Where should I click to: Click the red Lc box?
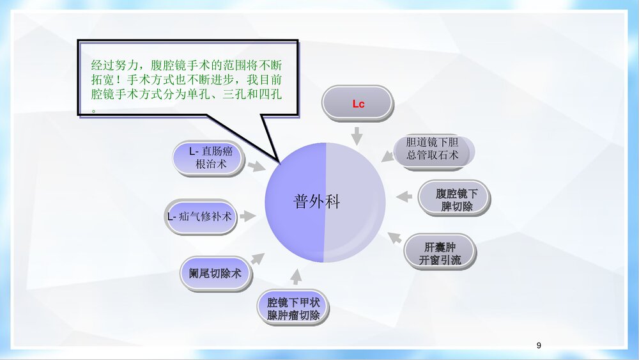tap(358, 103)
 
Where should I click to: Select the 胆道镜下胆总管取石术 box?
tap(433, 148)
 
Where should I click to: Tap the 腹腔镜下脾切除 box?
tap(454, 200)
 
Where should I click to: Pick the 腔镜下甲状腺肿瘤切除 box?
tap(293, 309)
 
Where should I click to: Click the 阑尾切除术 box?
tap(215, 273)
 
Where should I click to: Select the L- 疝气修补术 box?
tap(199, 217)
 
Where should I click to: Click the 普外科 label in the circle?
tap(317, 202)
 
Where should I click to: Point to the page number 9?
tap(539, 345)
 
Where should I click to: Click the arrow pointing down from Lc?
tap(357, 135)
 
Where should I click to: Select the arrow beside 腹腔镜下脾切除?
tap(404, 197)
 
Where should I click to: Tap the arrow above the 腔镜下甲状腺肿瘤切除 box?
tap(296, 277)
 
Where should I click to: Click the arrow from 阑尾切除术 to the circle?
tap(258, 259)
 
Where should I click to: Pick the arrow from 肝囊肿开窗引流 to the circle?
tap(395, 237)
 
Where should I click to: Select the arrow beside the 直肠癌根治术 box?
tap(256, 166)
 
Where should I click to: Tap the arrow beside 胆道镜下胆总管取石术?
tap(388, 155)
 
